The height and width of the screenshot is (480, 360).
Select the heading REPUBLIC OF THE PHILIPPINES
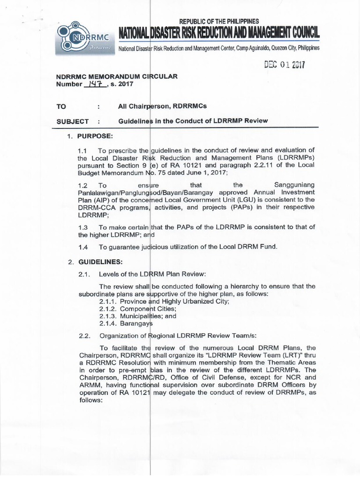[219, 22]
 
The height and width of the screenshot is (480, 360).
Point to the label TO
[61, 107]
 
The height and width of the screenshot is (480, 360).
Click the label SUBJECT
[73, 121]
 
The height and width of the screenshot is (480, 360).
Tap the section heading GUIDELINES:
[99, 261]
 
